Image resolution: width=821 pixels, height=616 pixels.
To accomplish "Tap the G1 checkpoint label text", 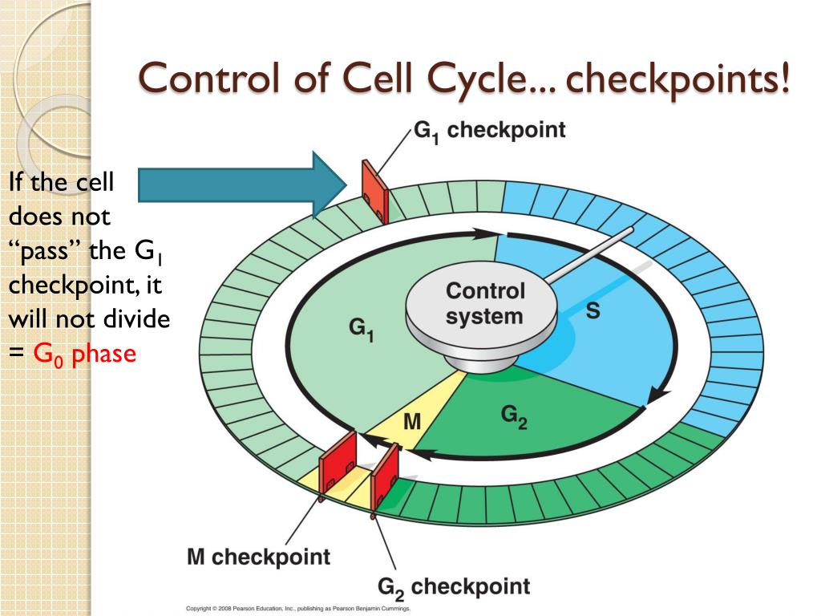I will [489, 131].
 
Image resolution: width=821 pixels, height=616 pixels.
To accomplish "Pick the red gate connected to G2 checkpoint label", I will [384, 476].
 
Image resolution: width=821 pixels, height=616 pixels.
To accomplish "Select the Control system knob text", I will [484, 303].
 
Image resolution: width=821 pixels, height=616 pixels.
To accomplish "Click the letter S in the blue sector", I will [592, 312].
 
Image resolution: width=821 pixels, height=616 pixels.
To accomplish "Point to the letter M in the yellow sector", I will [411, 421].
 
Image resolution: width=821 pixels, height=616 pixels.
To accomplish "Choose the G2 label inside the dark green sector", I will [513, 415].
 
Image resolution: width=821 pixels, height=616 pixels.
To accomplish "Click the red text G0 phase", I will [85, 353].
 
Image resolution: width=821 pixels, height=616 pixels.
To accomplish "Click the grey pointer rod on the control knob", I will [590, 254].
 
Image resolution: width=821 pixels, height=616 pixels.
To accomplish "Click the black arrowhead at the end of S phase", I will [657, 395].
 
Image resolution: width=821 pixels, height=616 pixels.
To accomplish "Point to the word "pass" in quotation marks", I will [44, 250].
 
